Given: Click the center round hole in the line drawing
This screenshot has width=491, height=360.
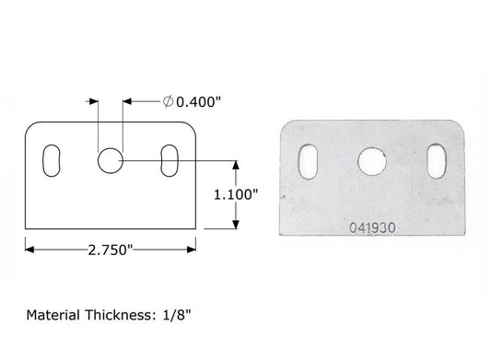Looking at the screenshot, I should [110, 160].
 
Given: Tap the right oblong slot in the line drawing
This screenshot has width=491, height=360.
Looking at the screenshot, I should [170, 158].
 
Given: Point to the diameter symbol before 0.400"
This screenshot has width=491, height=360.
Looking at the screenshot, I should [167, 101].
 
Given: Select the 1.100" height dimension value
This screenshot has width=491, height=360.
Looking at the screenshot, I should [236, 194].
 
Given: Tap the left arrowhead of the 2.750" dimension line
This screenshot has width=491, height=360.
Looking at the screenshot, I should [29, 247].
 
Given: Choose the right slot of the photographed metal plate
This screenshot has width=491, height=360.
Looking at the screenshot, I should [433, 160].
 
